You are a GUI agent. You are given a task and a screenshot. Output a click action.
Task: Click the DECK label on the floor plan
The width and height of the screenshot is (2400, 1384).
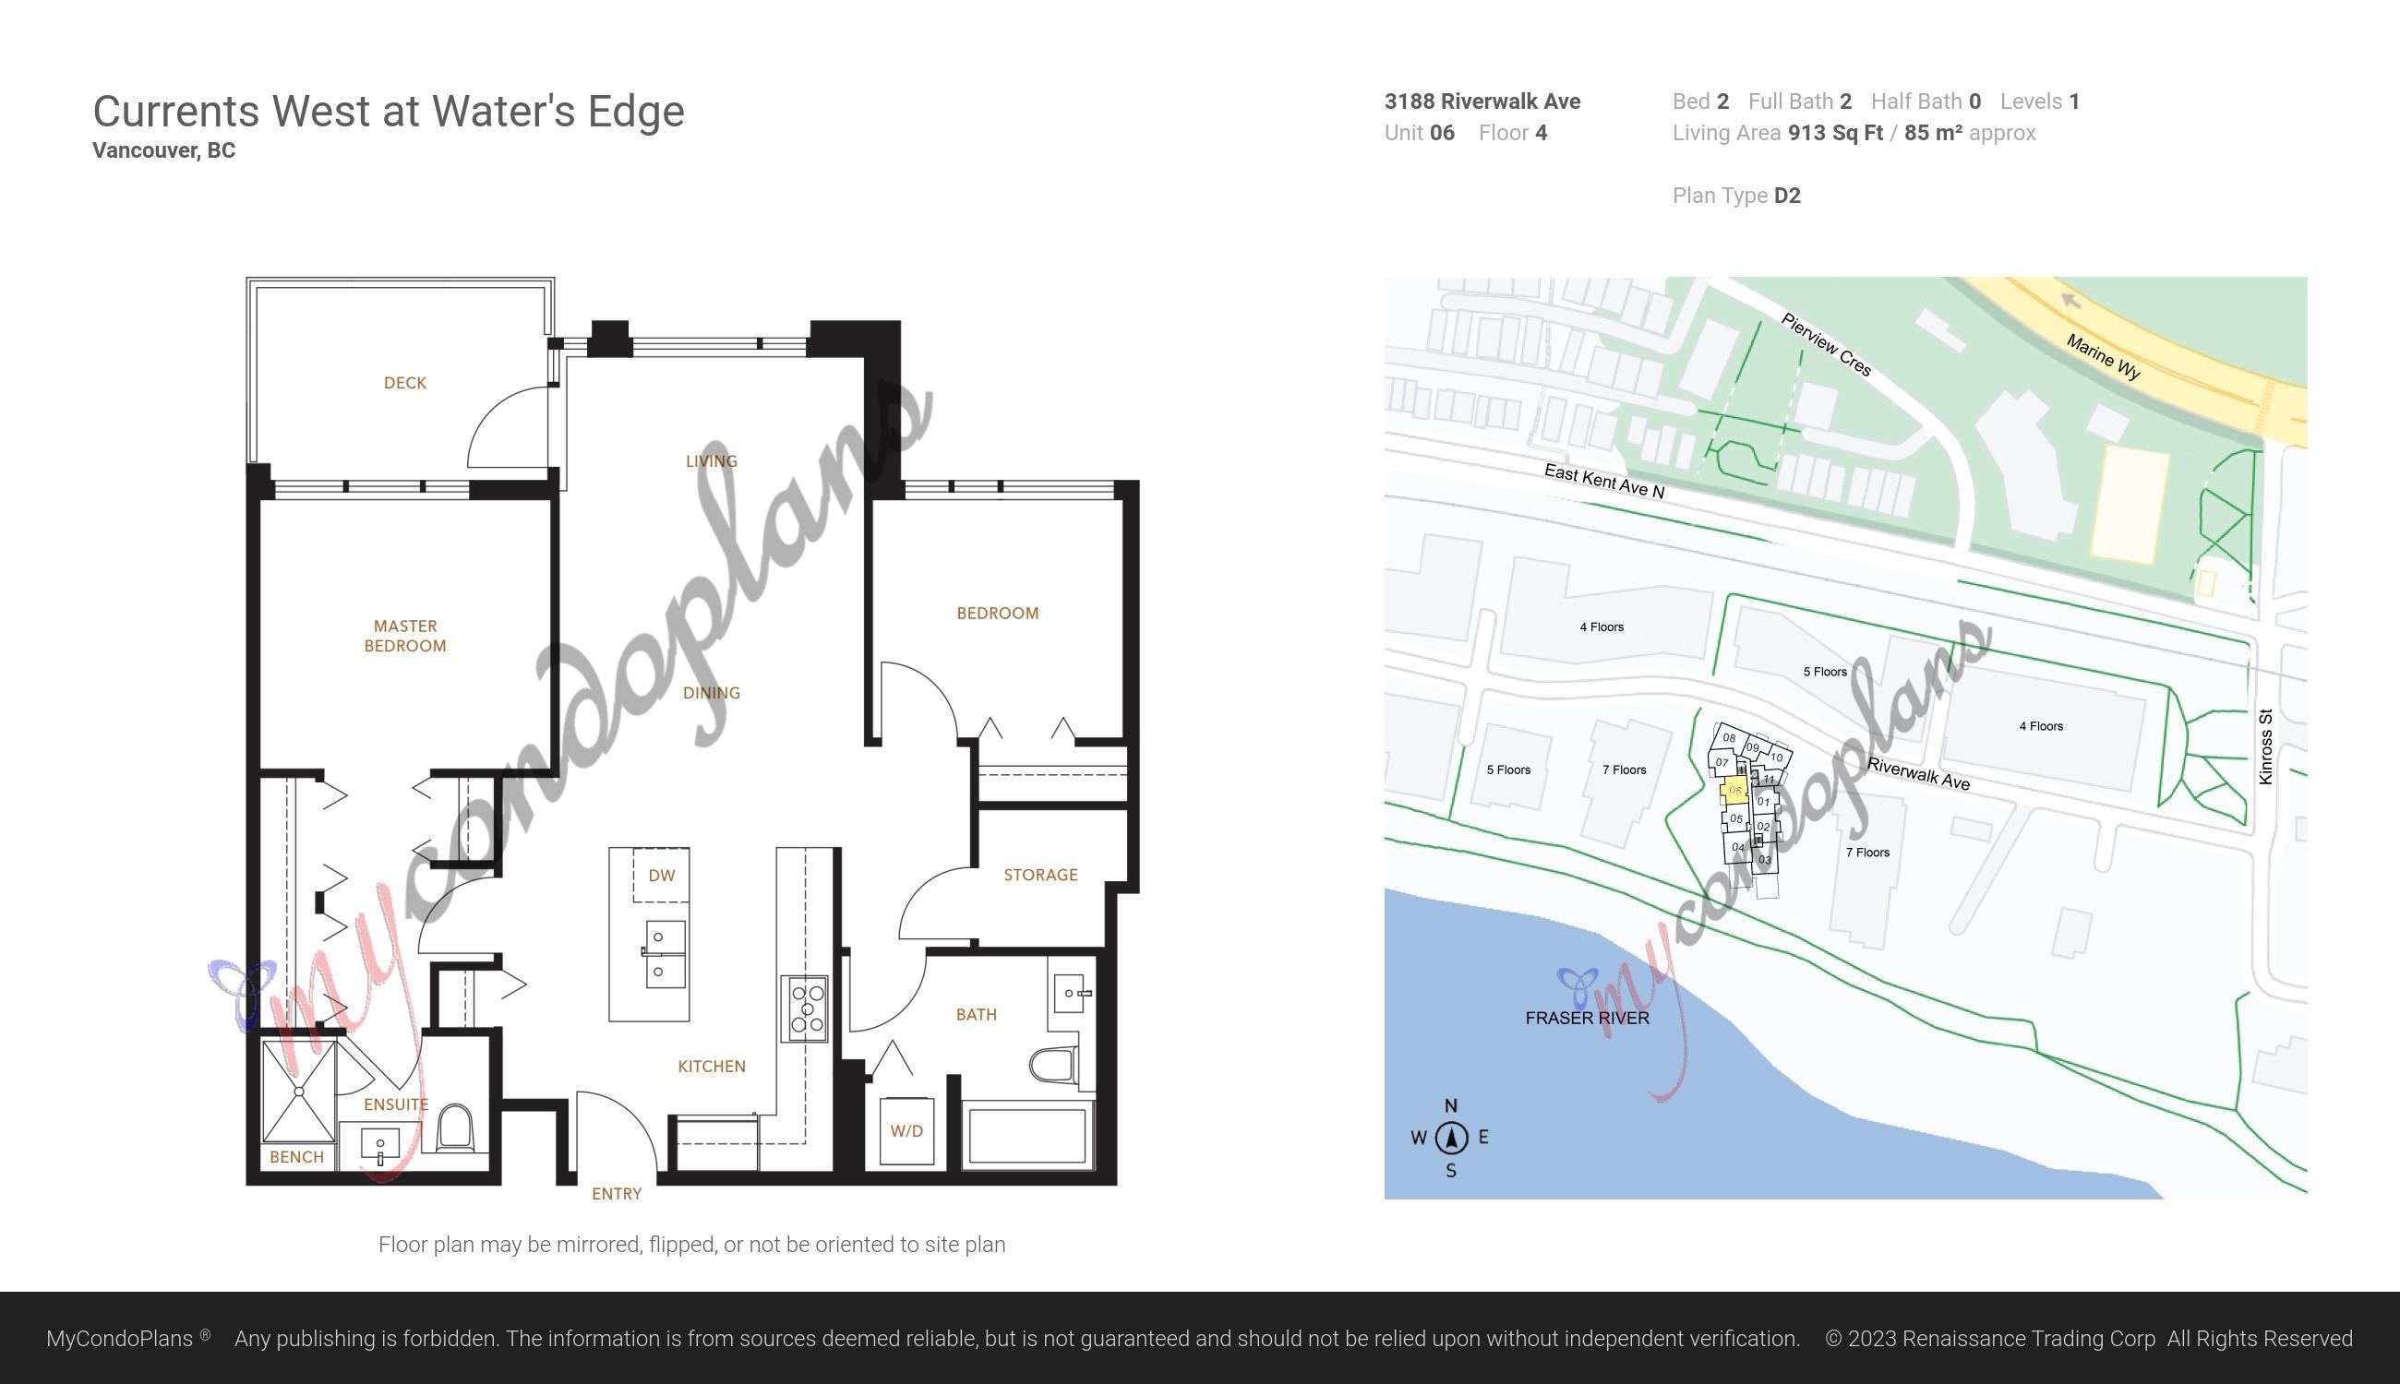click(405, 383)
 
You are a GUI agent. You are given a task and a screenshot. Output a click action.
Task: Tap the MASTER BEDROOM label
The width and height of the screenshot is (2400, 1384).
click(405, 636)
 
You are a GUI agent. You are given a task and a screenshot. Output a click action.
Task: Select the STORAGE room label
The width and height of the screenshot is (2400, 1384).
click(1040, 875)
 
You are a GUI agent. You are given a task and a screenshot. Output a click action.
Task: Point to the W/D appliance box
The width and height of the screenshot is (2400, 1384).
click(906, 1130)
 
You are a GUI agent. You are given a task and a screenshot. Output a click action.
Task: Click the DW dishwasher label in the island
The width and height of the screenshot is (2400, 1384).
click(662, 876)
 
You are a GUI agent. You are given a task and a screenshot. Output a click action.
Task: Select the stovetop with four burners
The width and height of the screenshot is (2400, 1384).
click(804, 1008)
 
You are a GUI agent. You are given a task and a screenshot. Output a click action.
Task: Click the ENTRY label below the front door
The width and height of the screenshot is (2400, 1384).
click(617, 1194)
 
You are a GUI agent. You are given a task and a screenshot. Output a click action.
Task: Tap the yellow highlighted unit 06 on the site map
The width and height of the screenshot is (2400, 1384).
click(1734, 790)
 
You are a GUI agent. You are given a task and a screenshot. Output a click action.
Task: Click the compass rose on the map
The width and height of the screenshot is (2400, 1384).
click(1451, 1138)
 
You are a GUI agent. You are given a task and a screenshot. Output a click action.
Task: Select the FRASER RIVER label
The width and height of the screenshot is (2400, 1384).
click(1587, 1018)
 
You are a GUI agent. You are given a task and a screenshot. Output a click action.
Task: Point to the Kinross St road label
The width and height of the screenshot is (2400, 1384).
click(2265, 747)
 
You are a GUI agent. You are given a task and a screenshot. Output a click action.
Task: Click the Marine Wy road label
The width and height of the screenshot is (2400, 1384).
click(2104, 357)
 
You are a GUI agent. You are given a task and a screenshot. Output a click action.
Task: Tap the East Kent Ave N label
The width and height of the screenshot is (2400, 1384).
click(1604, 481)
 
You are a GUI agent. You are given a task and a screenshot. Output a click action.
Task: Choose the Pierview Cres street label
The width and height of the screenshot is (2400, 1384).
click(1827, 344)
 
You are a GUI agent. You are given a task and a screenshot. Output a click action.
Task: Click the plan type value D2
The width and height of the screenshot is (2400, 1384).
click(1788, 196)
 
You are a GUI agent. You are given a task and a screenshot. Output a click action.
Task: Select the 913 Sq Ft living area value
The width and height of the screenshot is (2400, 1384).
click(1835, 133)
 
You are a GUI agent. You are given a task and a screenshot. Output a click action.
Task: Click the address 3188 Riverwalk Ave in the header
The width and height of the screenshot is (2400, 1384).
click(1482, 101)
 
